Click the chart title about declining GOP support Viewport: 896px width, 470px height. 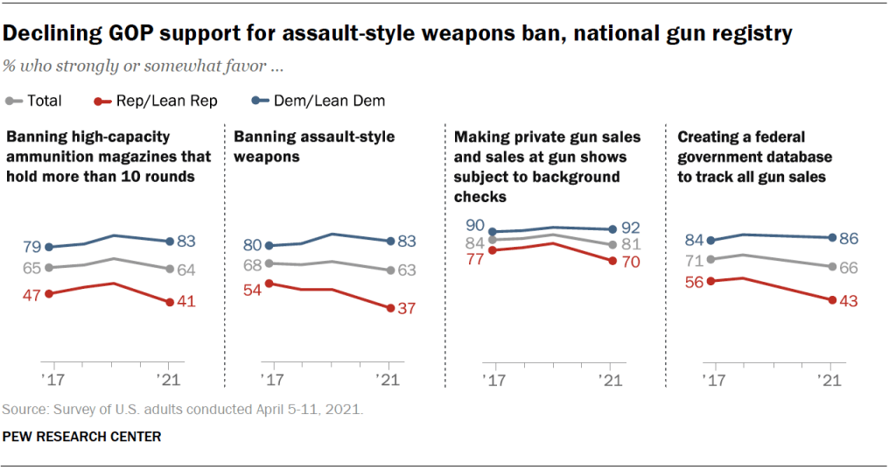pos(398,34)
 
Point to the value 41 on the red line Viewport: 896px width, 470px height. pos(185,302)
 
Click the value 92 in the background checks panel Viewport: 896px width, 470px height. pos(630,229)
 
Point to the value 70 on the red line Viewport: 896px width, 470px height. pos(630,261)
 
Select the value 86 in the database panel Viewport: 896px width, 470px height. pos(850,237)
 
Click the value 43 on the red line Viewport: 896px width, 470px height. pos(850,300)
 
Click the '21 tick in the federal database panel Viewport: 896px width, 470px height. pos(828,380)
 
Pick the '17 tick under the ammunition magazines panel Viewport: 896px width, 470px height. pos(49,380)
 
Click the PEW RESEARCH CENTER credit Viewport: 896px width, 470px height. pos(81,436)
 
